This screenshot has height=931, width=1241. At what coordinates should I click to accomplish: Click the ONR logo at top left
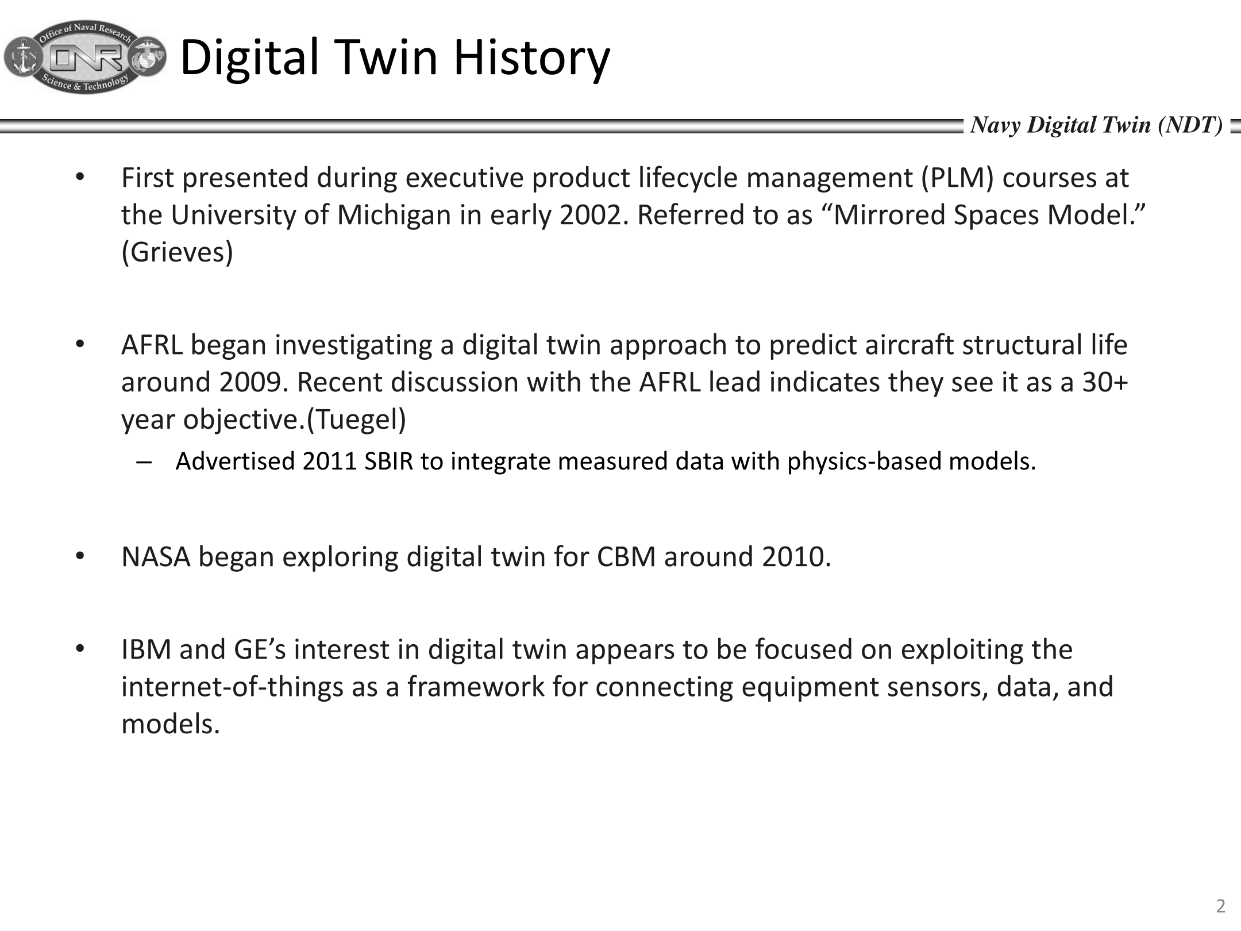(x=85, y=57)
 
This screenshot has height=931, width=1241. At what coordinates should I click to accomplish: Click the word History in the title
(x=531, y=57)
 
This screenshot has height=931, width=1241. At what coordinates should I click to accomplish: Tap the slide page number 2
(x=1221, y=906)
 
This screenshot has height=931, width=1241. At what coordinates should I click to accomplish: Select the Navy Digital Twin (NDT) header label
(x=1096, y=125)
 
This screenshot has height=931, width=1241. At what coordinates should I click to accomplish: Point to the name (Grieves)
(x=178, y=252)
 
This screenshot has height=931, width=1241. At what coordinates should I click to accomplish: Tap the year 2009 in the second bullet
(x=253, y=382)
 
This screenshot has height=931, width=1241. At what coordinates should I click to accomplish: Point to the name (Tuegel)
(x=356, y=420)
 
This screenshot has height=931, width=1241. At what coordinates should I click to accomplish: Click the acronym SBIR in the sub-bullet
(x=389, y=461)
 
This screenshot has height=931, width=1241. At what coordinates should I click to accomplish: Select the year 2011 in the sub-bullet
(x=330, y=461)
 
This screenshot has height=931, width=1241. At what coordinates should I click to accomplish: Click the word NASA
(x=156, y=557)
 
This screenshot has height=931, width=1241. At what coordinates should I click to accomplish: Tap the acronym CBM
(x=626, y=557)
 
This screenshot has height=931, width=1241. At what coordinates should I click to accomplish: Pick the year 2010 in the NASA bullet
(x=796, y=557)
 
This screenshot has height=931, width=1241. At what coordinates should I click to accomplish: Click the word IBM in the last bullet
(x=147, y=649)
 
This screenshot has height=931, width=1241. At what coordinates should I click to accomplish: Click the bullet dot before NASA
(x=80, y=556)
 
